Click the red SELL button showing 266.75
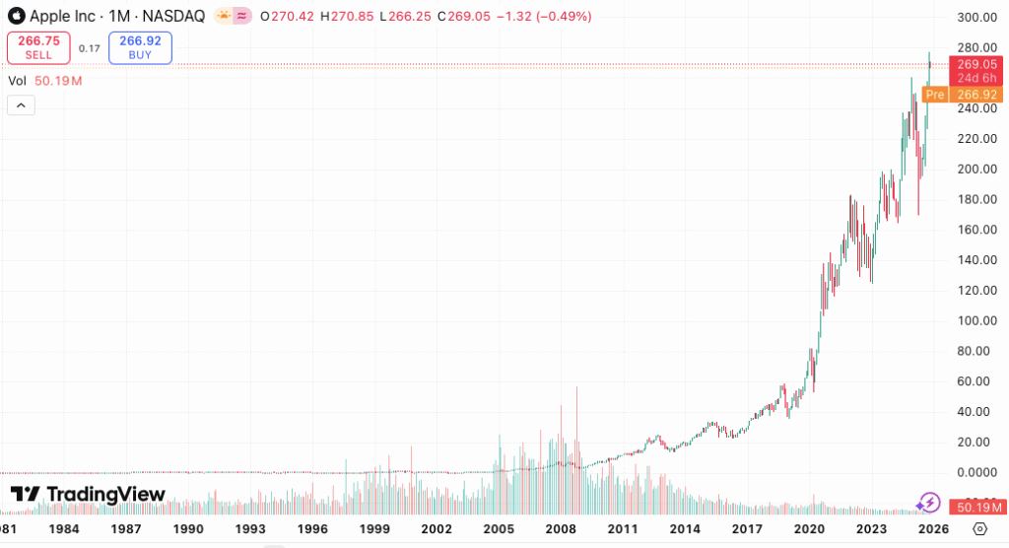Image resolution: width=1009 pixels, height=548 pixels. pyautogui.click(x=38, y=47)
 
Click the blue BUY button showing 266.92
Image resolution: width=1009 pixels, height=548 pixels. pyautogui.click(x=140, y=47)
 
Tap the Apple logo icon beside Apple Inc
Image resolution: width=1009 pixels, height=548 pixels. pyautogui.click(x=16, y=16)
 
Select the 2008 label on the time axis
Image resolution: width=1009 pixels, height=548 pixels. pyautogui.click(x=561, y=529)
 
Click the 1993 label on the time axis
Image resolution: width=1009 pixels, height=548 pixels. pyautogui.click(x=250, y=529)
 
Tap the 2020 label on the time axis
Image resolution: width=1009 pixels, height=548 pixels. pyautogui.click(x=809, y=529)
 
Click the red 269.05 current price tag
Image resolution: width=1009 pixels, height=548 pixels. pyautogui.click(x=975, y=64)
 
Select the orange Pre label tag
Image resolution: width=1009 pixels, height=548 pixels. pyautogui.click(x=934, y=95)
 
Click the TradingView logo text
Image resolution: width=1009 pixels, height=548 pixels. pyautogui.click(x=104, y=494)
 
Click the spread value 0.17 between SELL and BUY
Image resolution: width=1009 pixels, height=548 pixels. pyautogui.click(x=90, y=48)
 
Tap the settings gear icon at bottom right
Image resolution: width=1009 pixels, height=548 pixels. pyautogui.click(x=979, y=529)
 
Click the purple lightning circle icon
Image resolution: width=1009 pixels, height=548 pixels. pyautogui.click(x=928, y=503)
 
